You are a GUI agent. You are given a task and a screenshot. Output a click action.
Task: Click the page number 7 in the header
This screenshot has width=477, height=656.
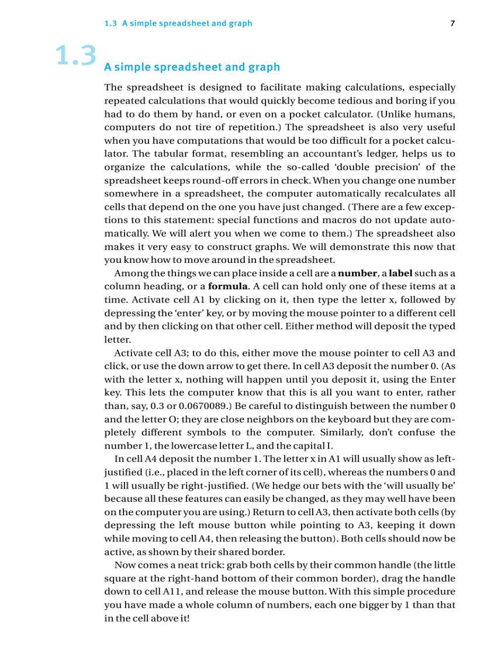click(452, 23)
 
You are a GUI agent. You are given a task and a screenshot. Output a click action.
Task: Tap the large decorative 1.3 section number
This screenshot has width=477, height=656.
click(75, 56)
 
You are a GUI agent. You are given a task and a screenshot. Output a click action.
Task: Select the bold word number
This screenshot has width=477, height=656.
click(358, 273)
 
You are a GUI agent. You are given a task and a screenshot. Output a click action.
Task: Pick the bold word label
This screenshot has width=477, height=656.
click(400, 273)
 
